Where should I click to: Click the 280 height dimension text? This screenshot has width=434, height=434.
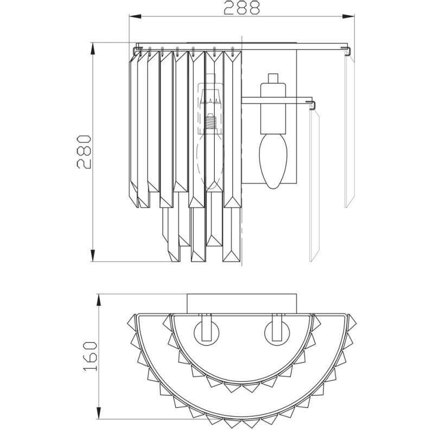coord(86,151)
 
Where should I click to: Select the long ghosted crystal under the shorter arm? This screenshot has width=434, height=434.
coord(313,184)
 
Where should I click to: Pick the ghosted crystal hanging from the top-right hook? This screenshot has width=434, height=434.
coord(348,130)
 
